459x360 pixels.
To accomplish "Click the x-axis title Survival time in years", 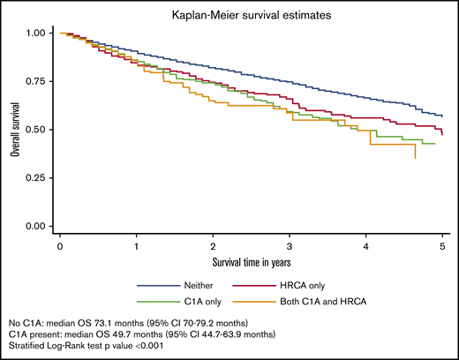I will (x=250, y=263).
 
